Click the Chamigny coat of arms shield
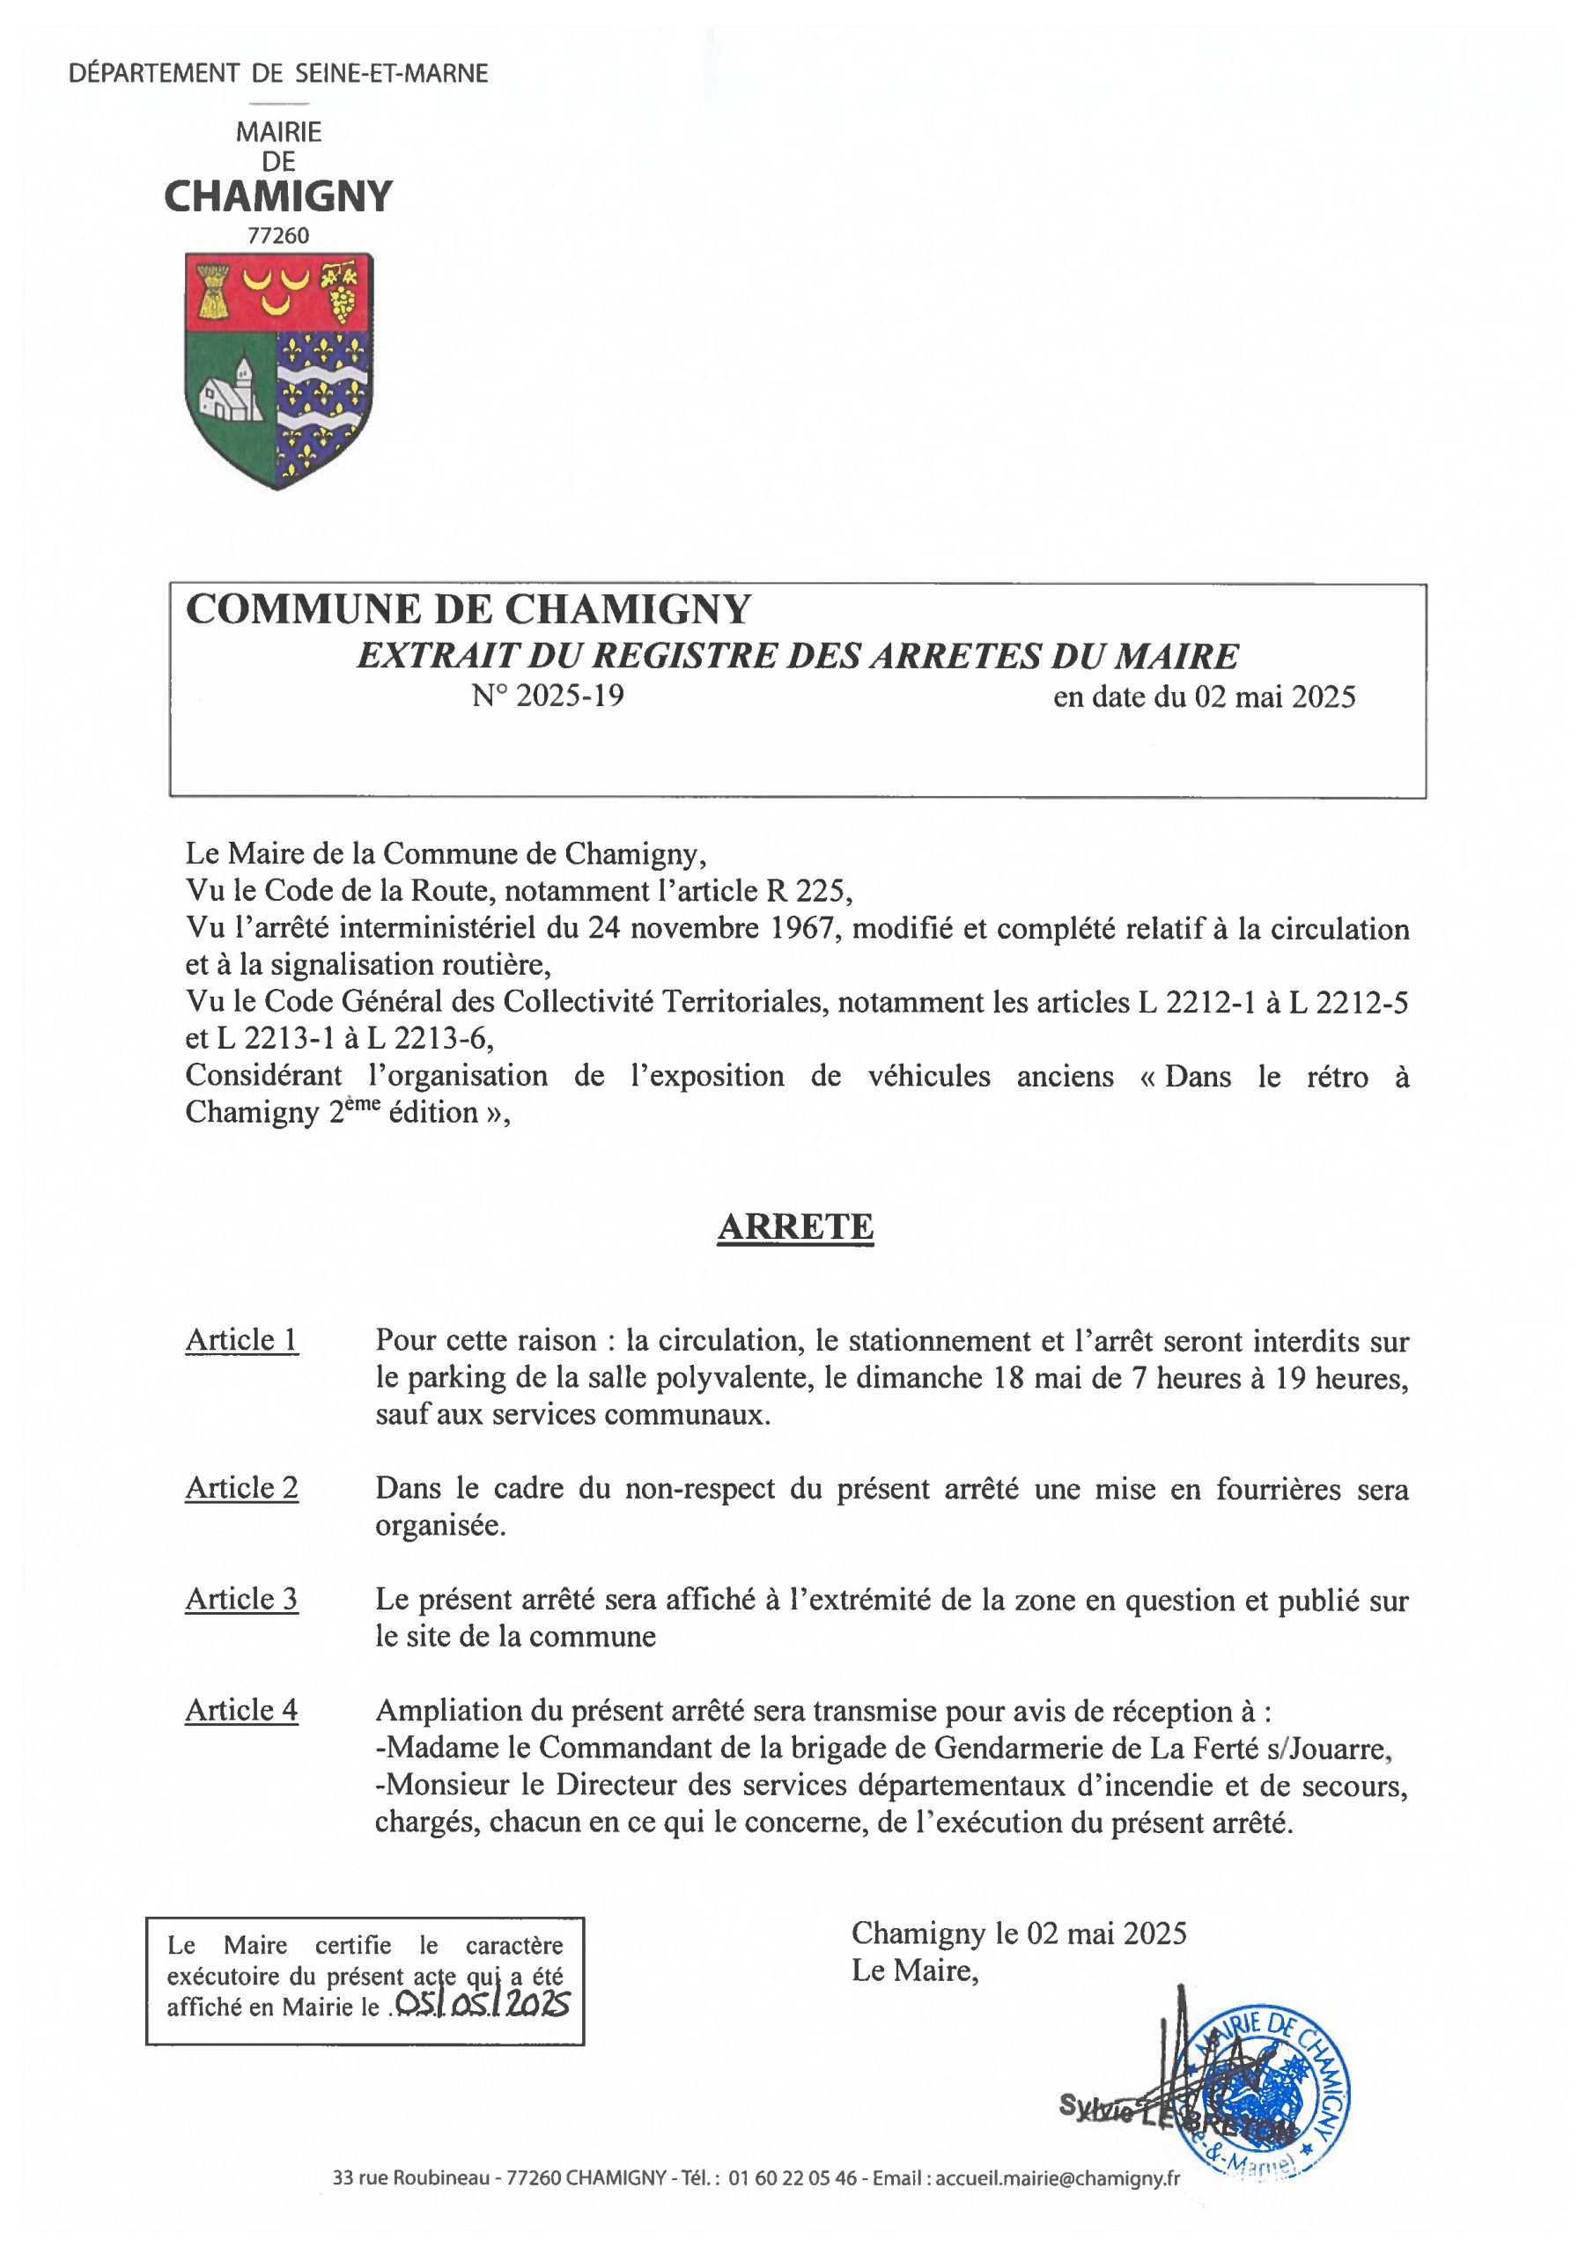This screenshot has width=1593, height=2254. tap(279, 369)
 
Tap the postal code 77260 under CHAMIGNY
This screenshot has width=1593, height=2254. tap(278, 236)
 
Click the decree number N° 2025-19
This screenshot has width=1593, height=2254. tap(547, 696)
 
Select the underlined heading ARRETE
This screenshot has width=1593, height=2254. tap(794, 1227)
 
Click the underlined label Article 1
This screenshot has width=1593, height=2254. tap(241, 1340)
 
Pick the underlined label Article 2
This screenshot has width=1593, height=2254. tap(241, 1488)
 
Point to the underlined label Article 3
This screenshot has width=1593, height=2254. tap(241, 1599)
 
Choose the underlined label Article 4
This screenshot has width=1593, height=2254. tap(241, 1710)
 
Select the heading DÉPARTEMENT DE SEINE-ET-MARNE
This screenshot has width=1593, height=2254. tap(279, 74)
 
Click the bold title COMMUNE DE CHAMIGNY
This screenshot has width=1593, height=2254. tap(468, 608)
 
